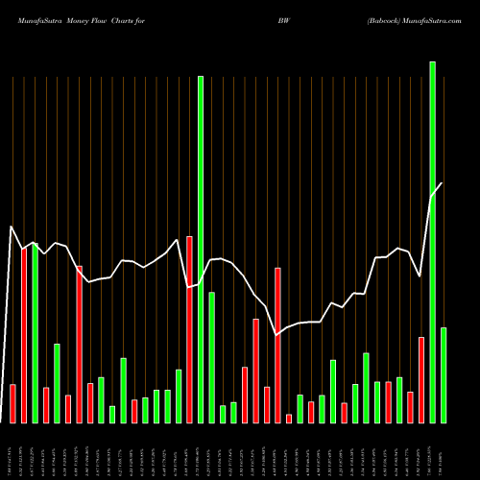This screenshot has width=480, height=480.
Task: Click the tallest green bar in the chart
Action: [x=432, y=242]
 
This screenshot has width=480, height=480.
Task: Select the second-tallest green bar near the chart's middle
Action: [x=201, y=250]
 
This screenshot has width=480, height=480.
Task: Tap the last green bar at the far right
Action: [x=444, y=374]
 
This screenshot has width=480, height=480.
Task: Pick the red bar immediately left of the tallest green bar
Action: [x=420, y=379]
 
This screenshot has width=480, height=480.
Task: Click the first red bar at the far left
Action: [x=12, y=403]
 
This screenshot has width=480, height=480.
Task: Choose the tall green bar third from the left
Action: [x=35, y=332]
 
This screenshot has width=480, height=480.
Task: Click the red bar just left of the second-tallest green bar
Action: [x=189, y=329]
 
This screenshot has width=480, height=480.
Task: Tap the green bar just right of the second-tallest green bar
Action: [x=211, y=357]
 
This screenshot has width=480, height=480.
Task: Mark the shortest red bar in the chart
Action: [x=288, y=418]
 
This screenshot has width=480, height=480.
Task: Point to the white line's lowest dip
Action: [x=277, y=335]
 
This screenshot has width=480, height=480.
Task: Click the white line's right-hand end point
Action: [x=443, y=183]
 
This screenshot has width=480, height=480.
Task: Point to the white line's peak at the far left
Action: [x=12, y=227]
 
